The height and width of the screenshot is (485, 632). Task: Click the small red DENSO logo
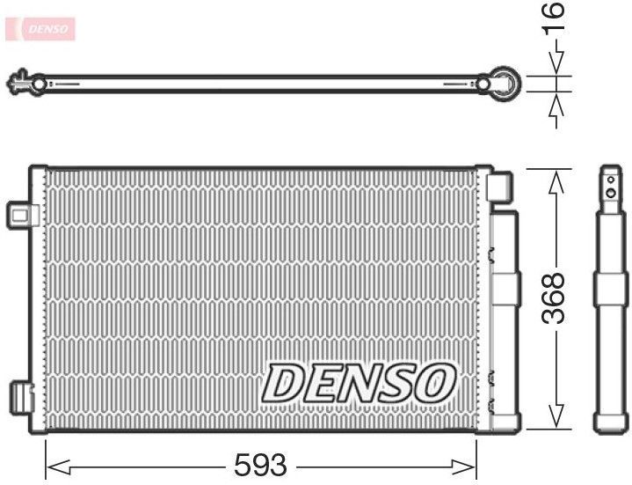point(41,29)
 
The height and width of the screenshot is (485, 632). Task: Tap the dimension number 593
point(261,464)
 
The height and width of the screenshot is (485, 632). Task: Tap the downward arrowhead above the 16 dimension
point(555,66)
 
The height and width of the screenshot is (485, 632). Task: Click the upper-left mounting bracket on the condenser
point(19,214)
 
